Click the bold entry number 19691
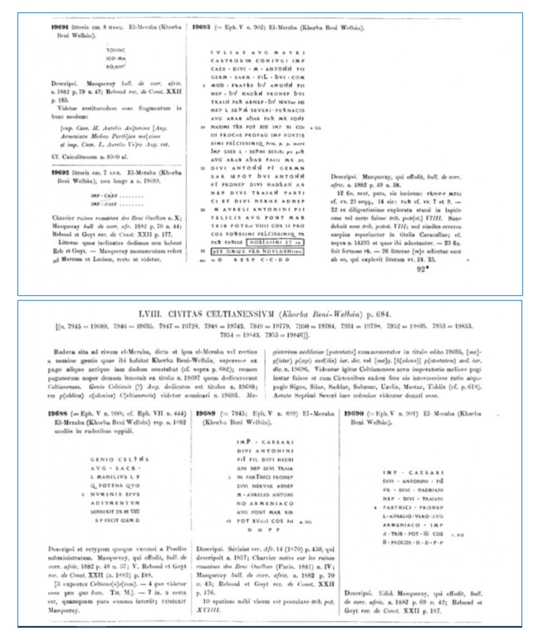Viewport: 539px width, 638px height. pyautogui.click(x=62, y=28)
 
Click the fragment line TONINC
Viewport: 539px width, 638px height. pyautogui.click(x=117, y=49)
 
